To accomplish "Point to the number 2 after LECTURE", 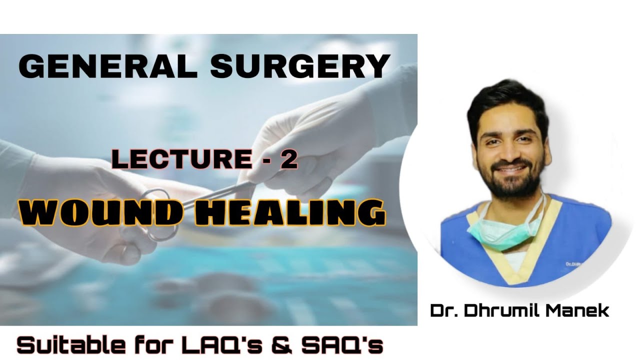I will pos(289,159).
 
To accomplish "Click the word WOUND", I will pos(100,212).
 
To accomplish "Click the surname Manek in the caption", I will pos(580,310).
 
